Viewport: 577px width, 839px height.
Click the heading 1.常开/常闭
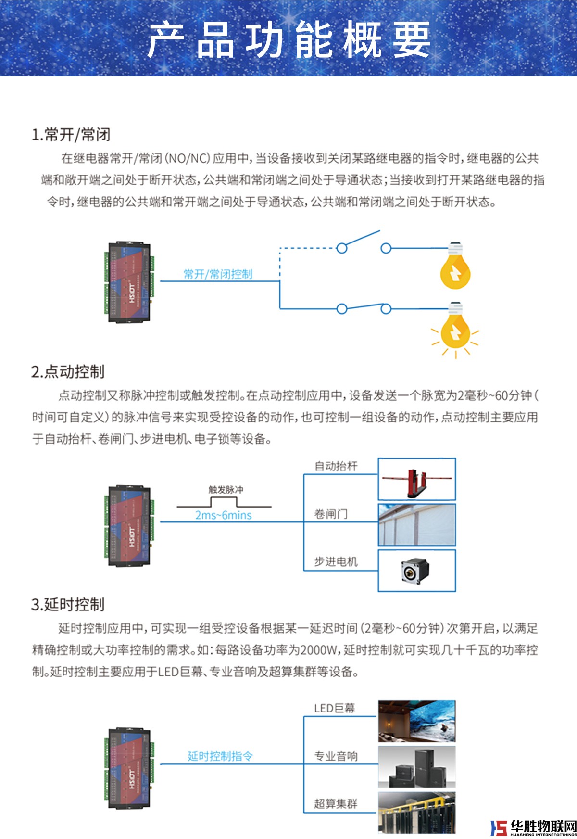coord(71,135)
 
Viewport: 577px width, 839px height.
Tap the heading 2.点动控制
coord(68,371)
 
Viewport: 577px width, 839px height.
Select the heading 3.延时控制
coord(68,604)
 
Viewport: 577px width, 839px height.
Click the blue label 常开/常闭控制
coord(218,274)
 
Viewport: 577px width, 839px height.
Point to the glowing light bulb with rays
coord(455,330)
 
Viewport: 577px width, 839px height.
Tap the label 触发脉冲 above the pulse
coord(226,490)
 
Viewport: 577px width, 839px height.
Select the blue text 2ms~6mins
coord(224,515)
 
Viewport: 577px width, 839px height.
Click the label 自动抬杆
coord(336,466)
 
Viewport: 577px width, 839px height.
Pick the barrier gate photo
coord(416,479)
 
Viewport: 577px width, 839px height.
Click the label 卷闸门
coord(331,514)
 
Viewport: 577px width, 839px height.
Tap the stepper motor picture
coord(416,571)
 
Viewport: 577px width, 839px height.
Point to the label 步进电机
coord(336,561)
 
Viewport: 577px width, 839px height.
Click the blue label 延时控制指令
coord(220,756)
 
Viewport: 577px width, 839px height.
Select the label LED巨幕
coord(334,708)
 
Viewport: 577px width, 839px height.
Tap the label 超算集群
coord(336,803)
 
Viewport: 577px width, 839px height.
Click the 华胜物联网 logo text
coord(543,826)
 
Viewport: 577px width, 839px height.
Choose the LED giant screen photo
coord(416,721)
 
